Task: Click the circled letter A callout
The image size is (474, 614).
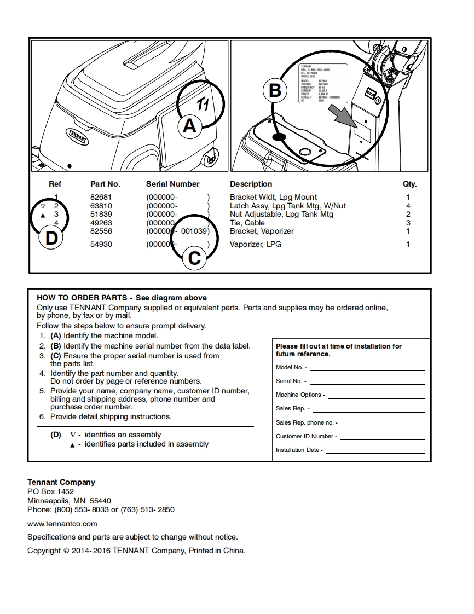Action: click(x=189, y=126)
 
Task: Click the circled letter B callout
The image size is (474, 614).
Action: click(x=275, y=90)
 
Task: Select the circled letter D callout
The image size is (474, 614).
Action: click(x=51, y=238)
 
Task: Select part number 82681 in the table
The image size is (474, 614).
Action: click(x=101, y=197)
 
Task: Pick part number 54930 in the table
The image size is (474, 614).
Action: click(x=101, y=244)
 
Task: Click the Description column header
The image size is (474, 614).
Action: click(x=251, y=184)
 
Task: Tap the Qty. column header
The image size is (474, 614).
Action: click(x=409, y=184)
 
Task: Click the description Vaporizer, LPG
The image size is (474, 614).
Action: click(x=256, y=244)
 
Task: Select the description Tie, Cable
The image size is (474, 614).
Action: click(x=247, y=223)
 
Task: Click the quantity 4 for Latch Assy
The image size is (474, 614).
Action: click(x=408, y=206)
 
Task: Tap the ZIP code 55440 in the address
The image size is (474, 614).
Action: click(x=100, y=501)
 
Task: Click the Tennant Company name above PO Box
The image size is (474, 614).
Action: click(x=61, y=482)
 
